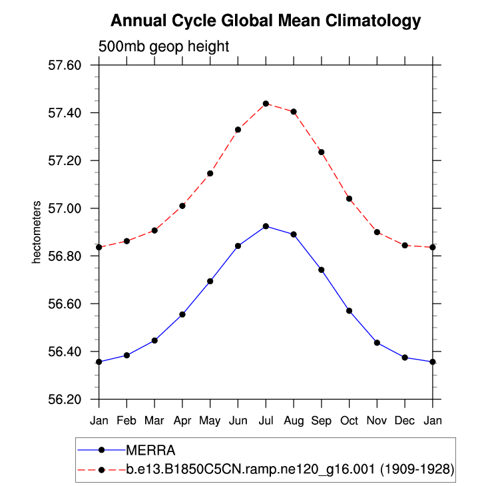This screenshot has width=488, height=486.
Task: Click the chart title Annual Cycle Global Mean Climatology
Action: (x=265, y=21)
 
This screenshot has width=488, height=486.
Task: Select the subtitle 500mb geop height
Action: (x=163, y=47)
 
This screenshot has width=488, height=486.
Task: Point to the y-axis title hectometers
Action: (x=37, y=232)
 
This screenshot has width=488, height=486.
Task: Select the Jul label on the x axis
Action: (x=266, y=421)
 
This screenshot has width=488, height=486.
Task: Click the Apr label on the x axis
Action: (x=182, y=421)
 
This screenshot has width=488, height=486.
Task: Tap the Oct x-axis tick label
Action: (x=349, y=421)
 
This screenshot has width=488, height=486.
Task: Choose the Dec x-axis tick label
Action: (x=405, y=421)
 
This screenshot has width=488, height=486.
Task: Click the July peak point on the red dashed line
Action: (x=266, y=103)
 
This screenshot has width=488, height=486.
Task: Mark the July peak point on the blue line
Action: (x=266, y=226)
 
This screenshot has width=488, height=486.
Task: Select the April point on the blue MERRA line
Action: (x=182, y=314)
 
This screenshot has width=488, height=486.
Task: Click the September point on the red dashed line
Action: (x=322, y=152)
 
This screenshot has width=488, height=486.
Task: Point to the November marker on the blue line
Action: (x=377, y=343)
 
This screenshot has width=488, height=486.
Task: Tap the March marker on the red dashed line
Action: (x=154, y=230)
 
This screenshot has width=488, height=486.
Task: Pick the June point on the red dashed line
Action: (x=238, y=129)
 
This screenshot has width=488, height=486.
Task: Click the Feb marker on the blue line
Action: (x=126, y=355)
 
